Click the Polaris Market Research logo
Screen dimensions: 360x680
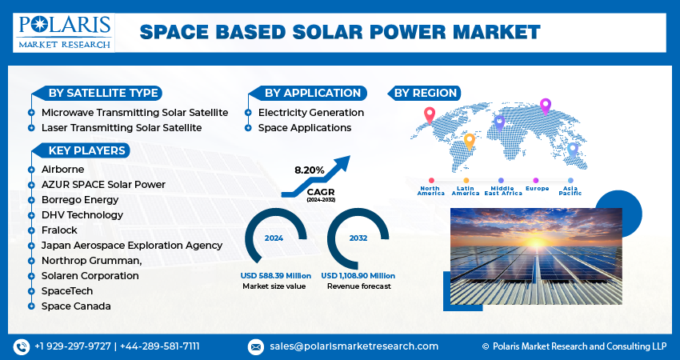point(65,32)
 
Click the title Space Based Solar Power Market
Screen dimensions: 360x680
point(340,32)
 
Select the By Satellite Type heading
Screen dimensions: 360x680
point(103,93)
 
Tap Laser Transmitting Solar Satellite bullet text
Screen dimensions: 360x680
point(122,127)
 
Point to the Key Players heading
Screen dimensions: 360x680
point(86,150)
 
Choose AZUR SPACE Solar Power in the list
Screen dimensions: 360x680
point(103,185)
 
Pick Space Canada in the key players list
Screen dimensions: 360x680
point(76,306)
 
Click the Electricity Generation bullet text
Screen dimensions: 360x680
point(310,113)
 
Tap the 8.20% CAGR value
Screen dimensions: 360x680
point(310,170)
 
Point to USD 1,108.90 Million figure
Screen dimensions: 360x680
point(358,276)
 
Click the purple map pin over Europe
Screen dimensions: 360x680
point(546,105)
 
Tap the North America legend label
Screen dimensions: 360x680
point(430,191)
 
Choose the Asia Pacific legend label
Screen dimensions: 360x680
point(570,191)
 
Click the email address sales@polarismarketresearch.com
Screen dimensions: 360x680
point(353,346)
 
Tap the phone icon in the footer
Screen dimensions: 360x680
point(21,346)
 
